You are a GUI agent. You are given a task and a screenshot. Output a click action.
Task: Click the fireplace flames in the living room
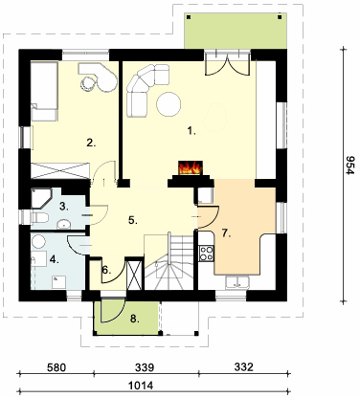pos(191,167)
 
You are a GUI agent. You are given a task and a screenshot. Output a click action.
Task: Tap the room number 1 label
pos(191,131)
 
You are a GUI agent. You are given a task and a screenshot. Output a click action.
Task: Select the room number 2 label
pos(91,143)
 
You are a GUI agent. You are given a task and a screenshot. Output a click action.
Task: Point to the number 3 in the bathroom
pos(64,207)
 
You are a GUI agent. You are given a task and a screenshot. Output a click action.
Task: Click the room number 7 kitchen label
pos(226,233)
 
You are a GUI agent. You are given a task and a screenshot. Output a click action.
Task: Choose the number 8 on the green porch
pos(135,319)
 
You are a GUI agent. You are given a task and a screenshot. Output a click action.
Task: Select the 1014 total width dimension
pos(141,386)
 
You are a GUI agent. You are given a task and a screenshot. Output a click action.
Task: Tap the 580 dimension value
pos(56,367)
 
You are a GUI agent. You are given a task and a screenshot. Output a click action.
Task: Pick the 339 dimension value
pos(145,367)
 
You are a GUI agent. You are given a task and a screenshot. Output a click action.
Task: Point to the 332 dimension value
pos(244,367)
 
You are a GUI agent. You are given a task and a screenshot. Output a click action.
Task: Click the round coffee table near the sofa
pos(169,104)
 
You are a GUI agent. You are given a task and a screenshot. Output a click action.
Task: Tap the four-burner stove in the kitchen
pos(206,254)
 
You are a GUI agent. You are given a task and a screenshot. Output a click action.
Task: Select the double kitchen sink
pos(236,282)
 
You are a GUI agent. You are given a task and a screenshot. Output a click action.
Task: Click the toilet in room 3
pos(39,218)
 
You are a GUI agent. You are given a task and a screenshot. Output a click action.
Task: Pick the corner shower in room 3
pos(41,198)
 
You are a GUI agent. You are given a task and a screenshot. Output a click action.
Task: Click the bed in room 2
pos(44,91)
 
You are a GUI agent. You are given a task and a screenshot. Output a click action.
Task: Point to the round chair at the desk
pos(87,83)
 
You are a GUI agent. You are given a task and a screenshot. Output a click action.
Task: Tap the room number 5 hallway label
pos(133,220)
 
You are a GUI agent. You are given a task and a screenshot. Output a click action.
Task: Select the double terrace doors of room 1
pos(227,64)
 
